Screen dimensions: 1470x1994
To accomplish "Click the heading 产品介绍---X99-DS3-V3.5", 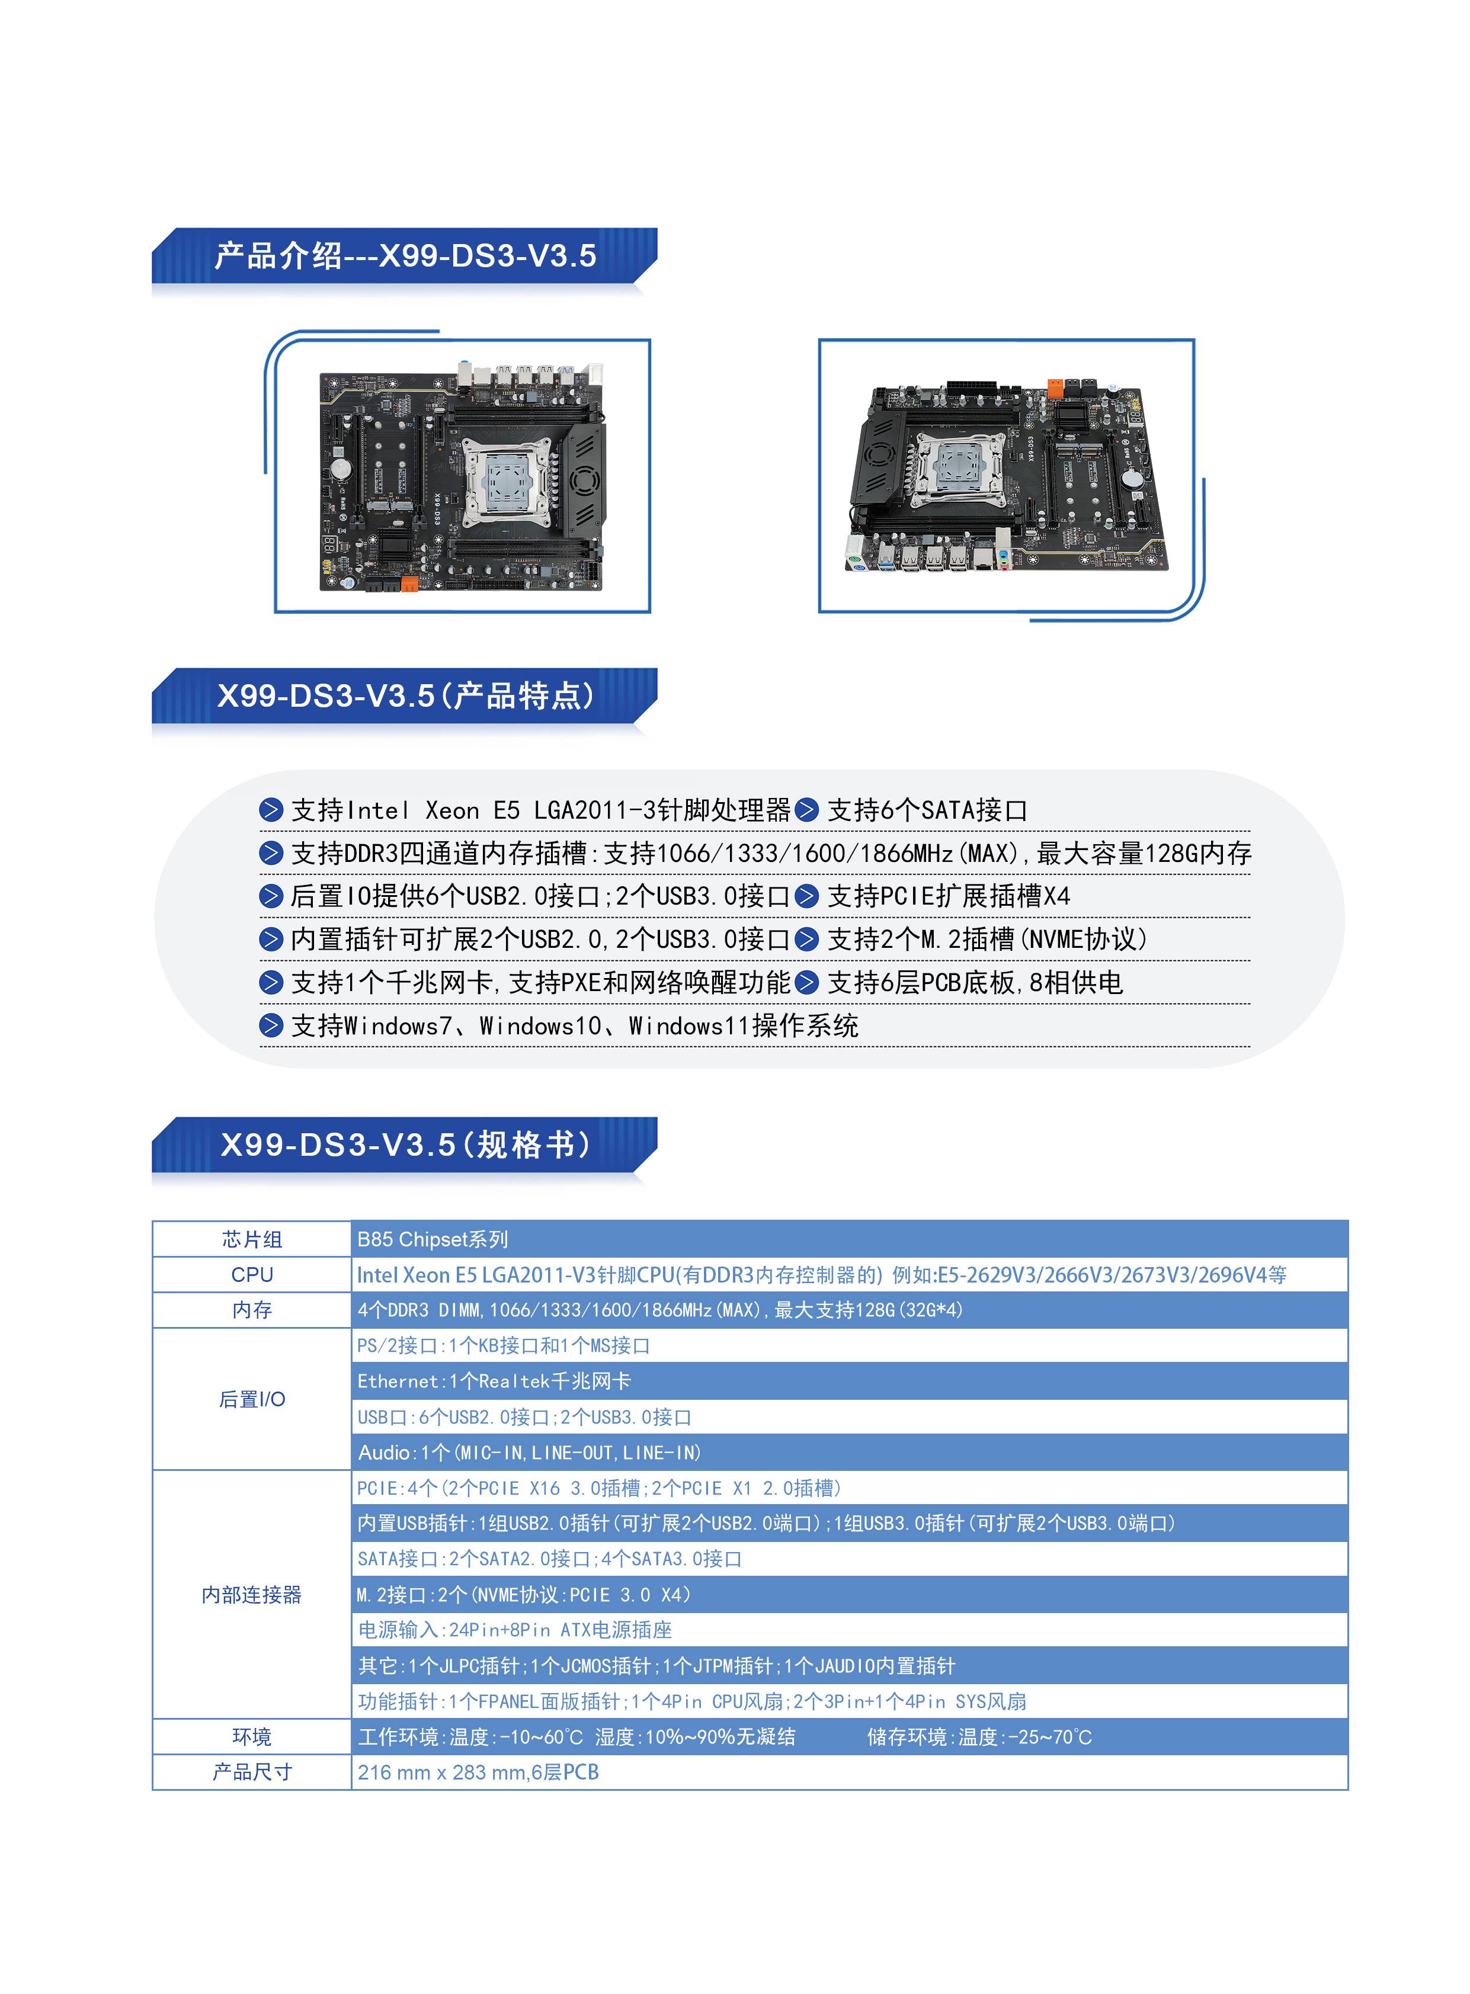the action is [405, 257].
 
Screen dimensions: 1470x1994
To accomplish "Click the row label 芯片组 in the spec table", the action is [252, 1239].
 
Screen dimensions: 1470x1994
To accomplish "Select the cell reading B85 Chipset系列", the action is [433, 1239].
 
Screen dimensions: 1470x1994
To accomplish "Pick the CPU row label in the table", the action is [252, 1274].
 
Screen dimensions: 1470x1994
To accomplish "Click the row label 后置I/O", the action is [252, 1399].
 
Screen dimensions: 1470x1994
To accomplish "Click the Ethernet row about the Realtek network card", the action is [494, 1381].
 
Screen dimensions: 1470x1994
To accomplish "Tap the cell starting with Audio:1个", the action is [530, 1452].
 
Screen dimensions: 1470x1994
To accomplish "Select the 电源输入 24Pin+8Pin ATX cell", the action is [514, 1629].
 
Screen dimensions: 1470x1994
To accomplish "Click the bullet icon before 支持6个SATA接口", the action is [807, 810].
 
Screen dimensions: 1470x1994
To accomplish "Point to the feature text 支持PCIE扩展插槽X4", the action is [949, 896].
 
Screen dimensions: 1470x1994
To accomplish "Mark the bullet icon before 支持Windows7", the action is [271, 1025].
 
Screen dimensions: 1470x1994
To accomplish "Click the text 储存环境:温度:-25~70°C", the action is [979, 1736].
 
